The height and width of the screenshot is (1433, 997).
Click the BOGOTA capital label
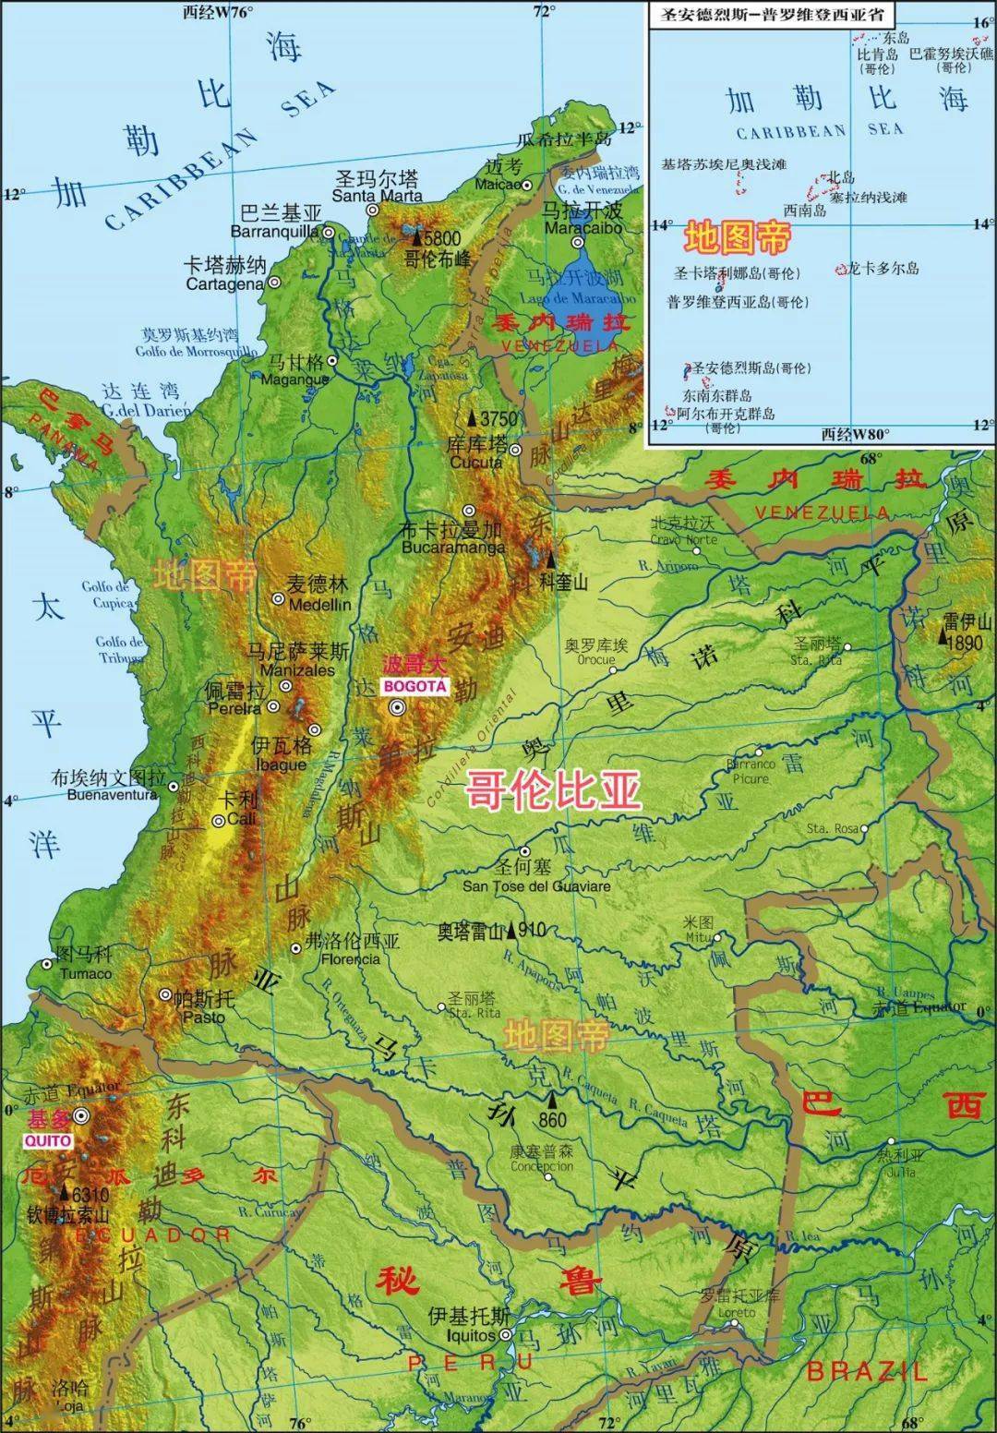click(x=414, y=686)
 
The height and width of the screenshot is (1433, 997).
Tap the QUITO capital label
click(x=48, y=1139)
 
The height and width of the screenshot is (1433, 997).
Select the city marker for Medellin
click(x=278, y=599)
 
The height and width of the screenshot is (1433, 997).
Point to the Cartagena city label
click(x=224, y=284)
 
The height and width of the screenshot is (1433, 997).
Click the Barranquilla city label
click(x=274, y=231)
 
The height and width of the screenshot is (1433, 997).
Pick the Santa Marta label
click(x=377, y=196)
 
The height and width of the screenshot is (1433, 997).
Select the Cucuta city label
click(x=475, y=462)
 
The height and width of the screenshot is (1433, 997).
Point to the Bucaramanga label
click(x=452, y=547)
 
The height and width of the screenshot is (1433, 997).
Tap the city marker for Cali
click(x=219, y=820)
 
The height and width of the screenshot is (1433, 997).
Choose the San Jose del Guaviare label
click(x=536, y=886)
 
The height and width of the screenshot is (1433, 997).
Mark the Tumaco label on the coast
click(x=85, y=973)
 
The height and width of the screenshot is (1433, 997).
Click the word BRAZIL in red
click(x=866, y=1371)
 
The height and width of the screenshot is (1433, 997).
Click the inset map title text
click(x=766, y=15)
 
